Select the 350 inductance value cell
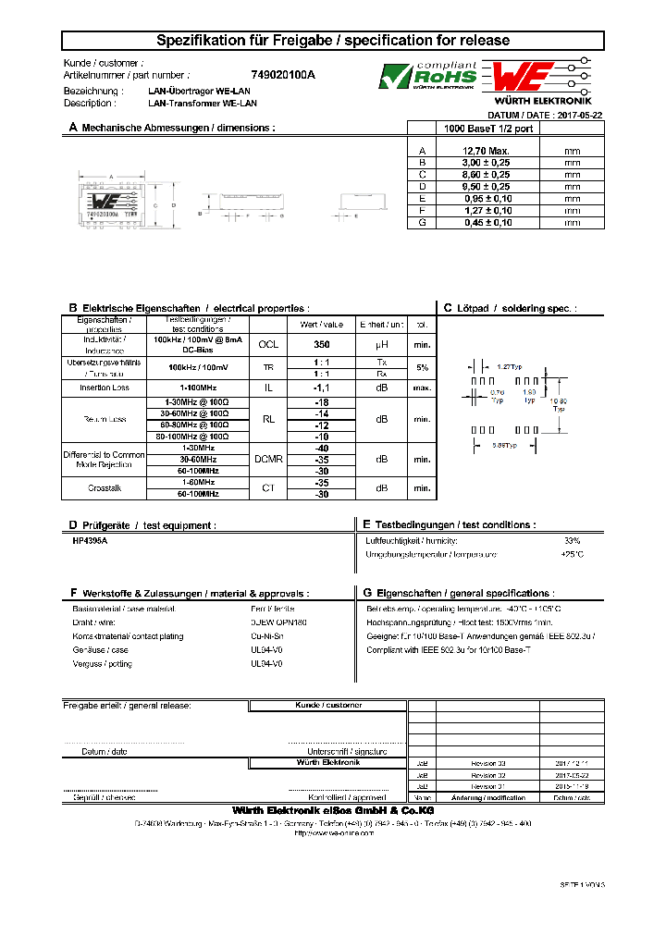[x=322, y=344]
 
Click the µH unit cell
[x=381, y=344]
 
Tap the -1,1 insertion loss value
[x=322, y=388]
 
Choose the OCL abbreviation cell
[x=267, y=344]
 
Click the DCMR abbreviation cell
[x=267, y=459]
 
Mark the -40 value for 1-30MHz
[x=322, y=448]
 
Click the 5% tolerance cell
[x=423, y=367]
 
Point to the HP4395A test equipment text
[x=90, y=540]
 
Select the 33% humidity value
[x=573, y=540]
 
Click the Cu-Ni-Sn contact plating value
[x=268, y=636]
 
